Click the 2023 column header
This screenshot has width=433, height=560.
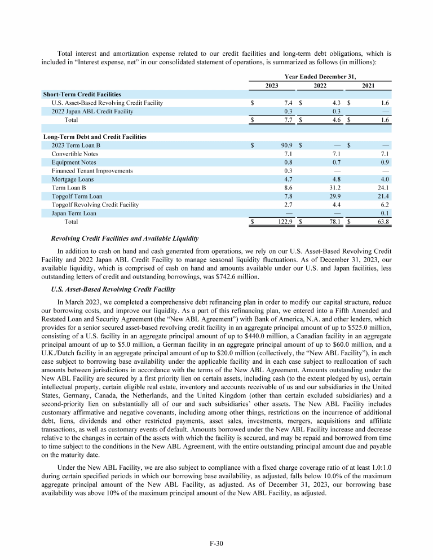271,86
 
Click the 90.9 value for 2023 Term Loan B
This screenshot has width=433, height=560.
285,145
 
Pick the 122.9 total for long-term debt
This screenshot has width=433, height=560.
283,222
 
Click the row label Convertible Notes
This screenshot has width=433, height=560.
74,154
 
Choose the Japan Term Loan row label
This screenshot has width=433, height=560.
73,213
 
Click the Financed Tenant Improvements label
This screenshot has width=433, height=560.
92,171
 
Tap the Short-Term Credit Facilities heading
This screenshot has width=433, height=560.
82,94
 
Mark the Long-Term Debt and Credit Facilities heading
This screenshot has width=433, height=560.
95,136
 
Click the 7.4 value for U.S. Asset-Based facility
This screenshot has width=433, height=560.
286,103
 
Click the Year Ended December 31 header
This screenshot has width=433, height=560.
320,76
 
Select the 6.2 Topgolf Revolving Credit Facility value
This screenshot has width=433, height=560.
386,205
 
